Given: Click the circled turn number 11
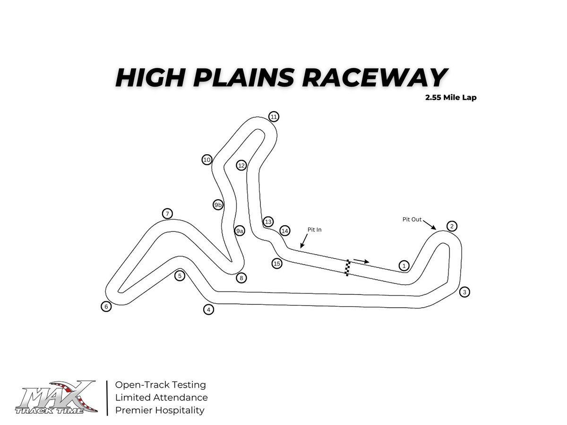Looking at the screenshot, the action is pyautogui.click(x=274, y=116).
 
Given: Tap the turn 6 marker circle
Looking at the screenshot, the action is pyautogui.click(x=106, y=307).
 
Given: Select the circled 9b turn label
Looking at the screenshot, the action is pyautogui.click(x=218, y=205).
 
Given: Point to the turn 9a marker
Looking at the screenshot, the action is pyautogui.click(x=240, y=231).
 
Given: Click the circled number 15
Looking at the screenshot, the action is pyautogui.click(x=277, y=264).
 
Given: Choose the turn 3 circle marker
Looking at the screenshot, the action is pyautogui.click(x=464, y=292).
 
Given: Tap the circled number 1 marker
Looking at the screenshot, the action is pyautogui.click(x=404, y=266).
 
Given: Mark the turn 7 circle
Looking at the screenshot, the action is pyautogui.click(x=167, y=213).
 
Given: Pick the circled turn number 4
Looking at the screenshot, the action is pyautogui.click(x=209, y=310).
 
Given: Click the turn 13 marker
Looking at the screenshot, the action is pyautogui.click(x=268, y=221).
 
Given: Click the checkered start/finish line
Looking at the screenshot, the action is pyautogui.click(x=348, y=268).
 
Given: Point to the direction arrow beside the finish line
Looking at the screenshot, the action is pyautogui.click(x=361, y=261).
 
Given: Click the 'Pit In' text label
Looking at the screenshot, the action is pyautogui.click(x=314, y=230).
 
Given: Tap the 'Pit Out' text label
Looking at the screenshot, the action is pyautogui.click(x=412, y=219).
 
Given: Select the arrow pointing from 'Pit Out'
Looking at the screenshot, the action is pyautogui.click(x=430, y=224).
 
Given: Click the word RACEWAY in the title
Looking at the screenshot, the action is pyautogui.click(x=375, y=77).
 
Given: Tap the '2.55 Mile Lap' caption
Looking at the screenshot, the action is pyautogui.click(x=451, y=97).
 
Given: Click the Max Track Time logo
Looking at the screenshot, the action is pyautogui.click(x=57, y=397).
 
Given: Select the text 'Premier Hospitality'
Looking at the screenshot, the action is pyautogui.click(x=160, y=410).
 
